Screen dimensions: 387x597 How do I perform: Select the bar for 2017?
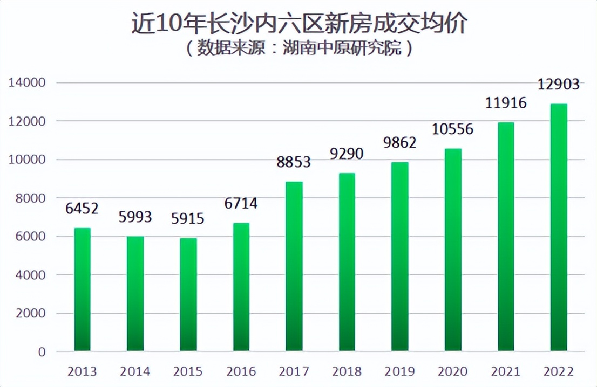point(294,266)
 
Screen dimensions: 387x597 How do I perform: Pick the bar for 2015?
point(188,295)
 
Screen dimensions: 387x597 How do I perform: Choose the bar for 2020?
point(453,250)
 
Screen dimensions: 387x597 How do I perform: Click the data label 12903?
point(559,84)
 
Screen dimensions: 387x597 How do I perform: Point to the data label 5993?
point(135,217)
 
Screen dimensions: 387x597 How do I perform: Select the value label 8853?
point(294,162)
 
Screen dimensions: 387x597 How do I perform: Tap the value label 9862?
point(400,143)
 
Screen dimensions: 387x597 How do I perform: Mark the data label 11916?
point(506,103)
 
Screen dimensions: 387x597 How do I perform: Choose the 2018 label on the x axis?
point(347,372)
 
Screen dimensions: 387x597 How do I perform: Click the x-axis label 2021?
point(506,372)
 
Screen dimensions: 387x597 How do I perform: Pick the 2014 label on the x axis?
point(135,372)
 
